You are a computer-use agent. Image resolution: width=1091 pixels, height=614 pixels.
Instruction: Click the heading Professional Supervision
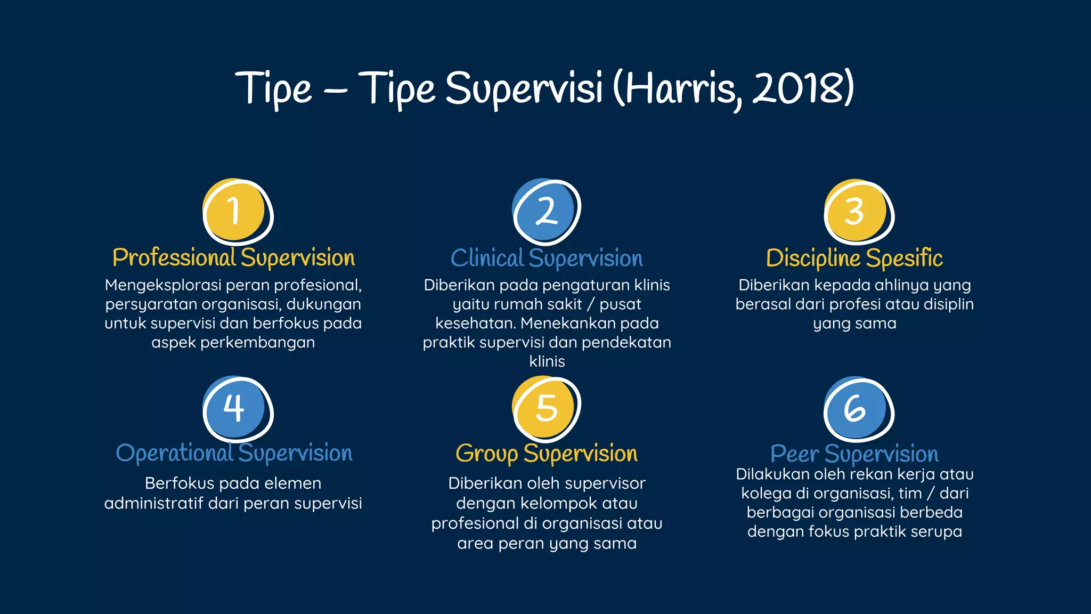233,258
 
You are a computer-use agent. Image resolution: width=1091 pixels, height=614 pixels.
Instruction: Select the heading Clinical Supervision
547,258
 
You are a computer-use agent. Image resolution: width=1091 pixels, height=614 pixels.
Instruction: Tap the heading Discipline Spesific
854,258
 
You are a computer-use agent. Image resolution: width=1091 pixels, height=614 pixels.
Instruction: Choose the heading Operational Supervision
234,453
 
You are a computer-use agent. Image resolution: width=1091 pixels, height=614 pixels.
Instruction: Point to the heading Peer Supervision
854,454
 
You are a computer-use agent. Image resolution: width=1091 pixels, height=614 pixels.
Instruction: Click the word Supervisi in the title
524,88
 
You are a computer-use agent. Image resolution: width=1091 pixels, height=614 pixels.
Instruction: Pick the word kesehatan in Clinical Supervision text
474,324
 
